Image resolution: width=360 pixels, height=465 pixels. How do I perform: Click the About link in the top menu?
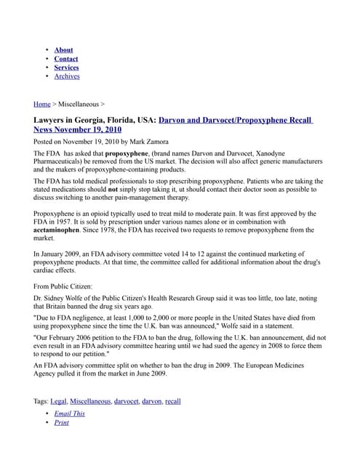[63, 50]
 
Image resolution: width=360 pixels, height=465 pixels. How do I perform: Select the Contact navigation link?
[65, 59]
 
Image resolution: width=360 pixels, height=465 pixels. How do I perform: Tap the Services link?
[66, 68]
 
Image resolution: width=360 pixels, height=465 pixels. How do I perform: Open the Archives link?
[67, 76]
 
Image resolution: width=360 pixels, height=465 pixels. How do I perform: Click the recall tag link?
[173, 401]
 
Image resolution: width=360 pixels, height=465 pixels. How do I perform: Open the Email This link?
[69, 413]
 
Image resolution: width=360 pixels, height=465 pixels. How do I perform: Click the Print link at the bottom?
[62, 422]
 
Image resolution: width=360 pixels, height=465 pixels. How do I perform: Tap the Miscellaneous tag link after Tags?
[90, 401]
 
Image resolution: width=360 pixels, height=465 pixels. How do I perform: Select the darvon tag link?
[152, 401]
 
